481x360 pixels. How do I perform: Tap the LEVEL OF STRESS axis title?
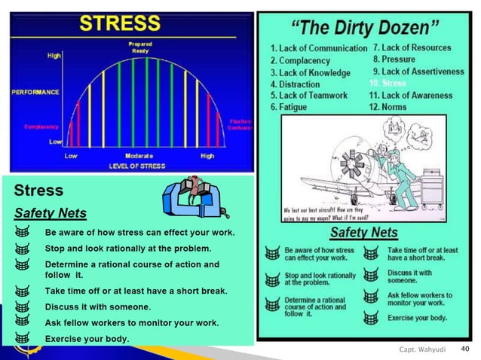[x=139, y=165]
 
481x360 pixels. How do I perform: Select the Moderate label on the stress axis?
[x=139, y=156]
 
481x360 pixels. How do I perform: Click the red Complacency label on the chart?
[x=41, y=127]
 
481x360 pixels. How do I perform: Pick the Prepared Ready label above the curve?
[x=141, y=47]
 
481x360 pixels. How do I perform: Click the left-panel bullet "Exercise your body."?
[x=87, y=338]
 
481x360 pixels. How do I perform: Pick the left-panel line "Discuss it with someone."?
[x=98, y=307]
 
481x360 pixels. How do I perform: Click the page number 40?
[x=464, y=349]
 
